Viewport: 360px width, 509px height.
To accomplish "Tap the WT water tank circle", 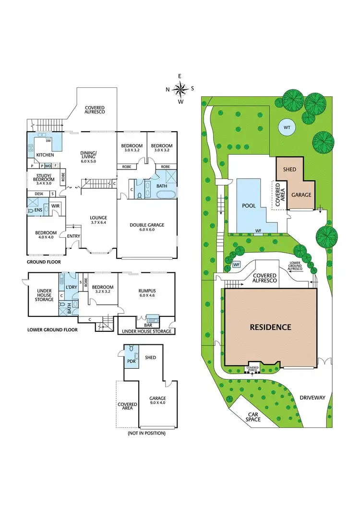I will [287, 127].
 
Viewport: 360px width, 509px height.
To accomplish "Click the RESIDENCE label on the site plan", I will [270, 327].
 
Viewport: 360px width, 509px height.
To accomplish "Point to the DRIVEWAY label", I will [312, 398].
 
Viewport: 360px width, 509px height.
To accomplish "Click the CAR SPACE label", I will [254, 416].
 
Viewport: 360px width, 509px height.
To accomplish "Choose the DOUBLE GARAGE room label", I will [147, 225].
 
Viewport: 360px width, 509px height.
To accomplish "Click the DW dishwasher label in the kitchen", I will [48, 141].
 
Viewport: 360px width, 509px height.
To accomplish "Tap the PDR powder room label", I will [130, 357].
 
